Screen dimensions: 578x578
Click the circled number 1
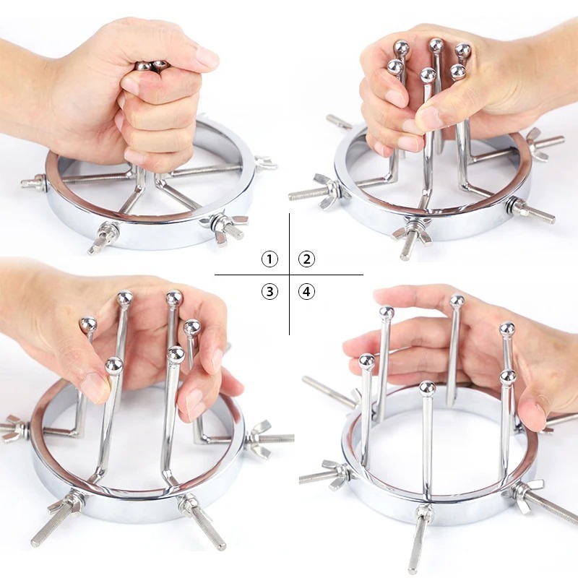[x=269, y=259]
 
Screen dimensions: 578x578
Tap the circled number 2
[x=306, y=259]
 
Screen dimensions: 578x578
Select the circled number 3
[x=269, y=292]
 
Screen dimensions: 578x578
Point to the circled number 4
[x=306, y=292]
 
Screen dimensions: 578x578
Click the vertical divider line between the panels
[x=290, y=274]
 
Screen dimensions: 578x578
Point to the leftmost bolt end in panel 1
[x=27, y=182]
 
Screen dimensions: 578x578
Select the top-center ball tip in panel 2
[x=436, y=46]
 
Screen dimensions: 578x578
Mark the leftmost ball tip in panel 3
[x=88, y=325]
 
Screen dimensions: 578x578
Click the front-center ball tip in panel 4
[x=427, y=389]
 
